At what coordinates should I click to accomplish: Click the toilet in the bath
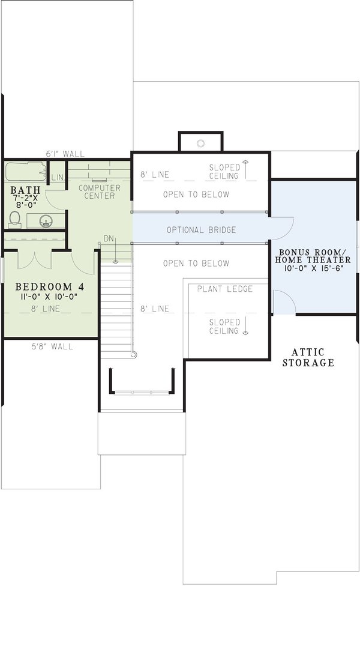(15, 219)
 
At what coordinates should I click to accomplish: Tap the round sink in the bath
(45, 221)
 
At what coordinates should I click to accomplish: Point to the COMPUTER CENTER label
(100, 192)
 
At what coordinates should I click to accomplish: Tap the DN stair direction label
(109, 238)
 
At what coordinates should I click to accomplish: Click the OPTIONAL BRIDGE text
(201, 230)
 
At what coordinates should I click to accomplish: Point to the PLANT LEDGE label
(225, 289)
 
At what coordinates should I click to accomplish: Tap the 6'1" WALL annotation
(65, 154)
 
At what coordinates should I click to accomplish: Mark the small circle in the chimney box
(201, 143)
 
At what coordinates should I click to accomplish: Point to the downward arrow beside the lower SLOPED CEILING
(245, 327)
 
